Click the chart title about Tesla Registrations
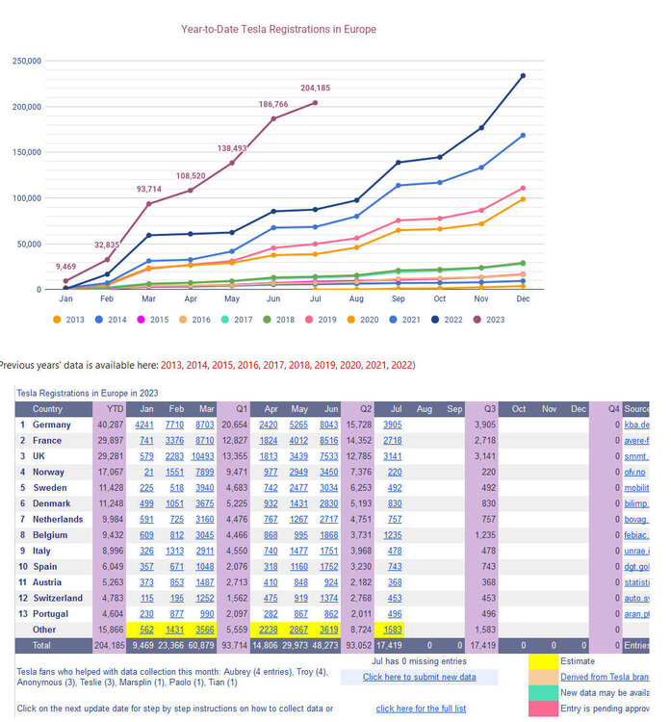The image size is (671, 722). click(278, 29)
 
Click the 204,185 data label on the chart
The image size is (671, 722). click(322, 89)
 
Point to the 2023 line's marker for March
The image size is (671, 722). click(148, 203)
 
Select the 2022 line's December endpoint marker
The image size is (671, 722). click(523, 75)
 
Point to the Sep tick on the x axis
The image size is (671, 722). click(398, 300)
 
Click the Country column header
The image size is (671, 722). click(47, 409)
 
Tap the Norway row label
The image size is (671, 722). click(49, 472)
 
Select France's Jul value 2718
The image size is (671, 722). click(393, 440)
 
